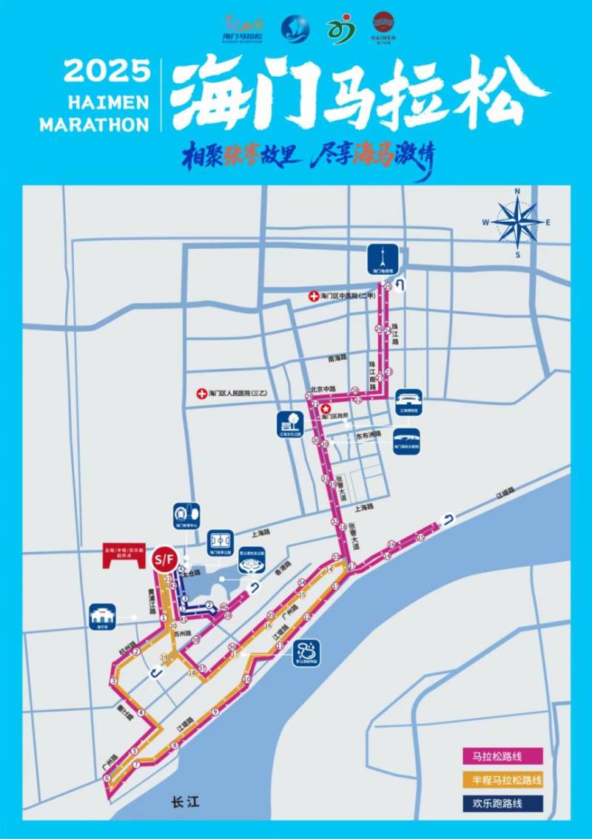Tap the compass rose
[x=517, y=221]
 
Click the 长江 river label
[x=181, y=801]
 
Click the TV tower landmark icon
[x=383, y=259]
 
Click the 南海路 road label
[x=337, y=358]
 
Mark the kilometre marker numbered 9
[x=215, y=712]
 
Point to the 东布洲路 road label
[x=368, y=435]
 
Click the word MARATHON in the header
[x=94, y=123]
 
